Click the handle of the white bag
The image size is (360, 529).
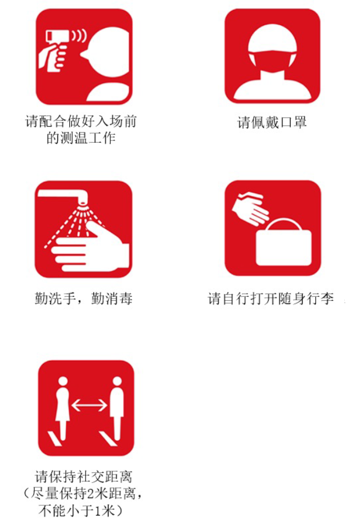pyautogui.click(x=283, y=225)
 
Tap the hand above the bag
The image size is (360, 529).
pyautogui.click(x=250, y=208)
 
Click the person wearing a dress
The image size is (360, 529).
pyautogui.click(x=62, y=408)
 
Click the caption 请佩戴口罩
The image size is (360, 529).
pyautogui.click(x=272, y=123)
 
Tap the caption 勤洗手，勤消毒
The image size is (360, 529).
pyautogui.click(x=84, y=299)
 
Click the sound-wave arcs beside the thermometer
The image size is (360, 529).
pyautogui.click(x=80, y=37)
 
